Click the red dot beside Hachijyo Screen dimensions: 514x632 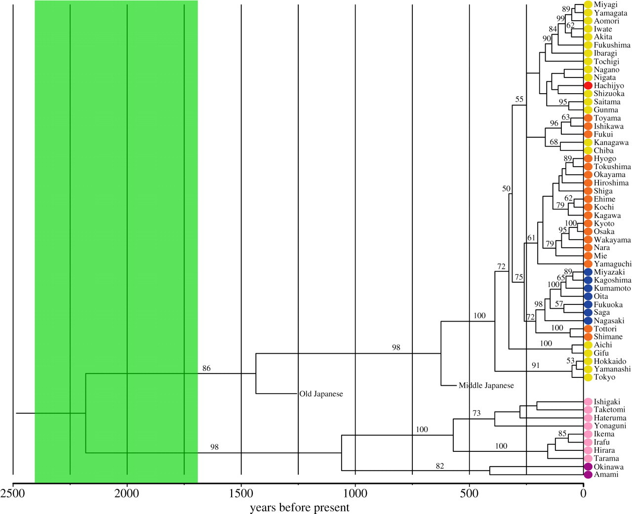588,85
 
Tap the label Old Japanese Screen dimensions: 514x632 321,394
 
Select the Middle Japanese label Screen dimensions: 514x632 486,385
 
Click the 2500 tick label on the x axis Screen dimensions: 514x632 13,494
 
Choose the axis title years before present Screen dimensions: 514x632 299,508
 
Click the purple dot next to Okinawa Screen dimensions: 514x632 588,467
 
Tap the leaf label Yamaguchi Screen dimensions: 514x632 612,264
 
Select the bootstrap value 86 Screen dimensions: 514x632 206,368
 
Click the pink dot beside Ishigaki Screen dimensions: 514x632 588,402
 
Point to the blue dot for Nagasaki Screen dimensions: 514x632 588,321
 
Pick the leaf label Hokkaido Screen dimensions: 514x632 610,361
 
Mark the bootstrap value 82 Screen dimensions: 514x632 439,466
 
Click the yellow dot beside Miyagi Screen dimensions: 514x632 588,4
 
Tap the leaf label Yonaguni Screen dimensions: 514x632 610,426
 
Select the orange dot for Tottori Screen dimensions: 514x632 588,329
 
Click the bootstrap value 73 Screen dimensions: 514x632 476,413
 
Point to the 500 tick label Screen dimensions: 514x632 469,494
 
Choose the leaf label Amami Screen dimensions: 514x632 606,475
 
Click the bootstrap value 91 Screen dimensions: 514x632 535,366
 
